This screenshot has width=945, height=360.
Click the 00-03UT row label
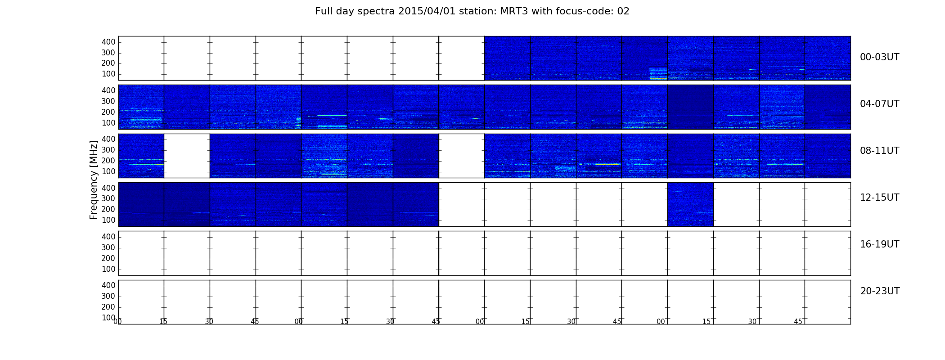(879, 57)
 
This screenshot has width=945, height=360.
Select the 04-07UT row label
(879, 104)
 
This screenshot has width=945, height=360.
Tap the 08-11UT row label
(879, 151)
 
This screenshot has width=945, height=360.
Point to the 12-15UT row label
(879, 198)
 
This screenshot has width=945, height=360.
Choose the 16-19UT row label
(879, 244)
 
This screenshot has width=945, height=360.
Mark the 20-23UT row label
(880, 291)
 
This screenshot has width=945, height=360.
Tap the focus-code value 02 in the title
(623, 11)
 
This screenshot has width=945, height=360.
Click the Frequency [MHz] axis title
(94, 180)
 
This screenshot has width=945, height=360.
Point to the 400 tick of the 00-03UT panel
(108, 42)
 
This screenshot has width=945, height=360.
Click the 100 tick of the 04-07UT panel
(108, 123)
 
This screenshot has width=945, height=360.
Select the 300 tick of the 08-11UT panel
(108, 150)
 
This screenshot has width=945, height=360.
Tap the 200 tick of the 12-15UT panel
(108, 209)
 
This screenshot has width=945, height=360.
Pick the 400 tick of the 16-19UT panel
(108, 237)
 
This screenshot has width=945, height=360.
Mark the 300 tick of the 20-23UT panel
(108, 296)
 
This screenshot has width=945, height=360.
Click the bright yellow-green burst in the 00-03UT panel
(658, 74)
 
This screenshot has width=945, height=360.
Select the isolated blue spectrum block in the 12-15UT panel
(690, 204)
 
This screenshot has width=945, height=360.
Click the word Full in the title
(323, 11)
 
